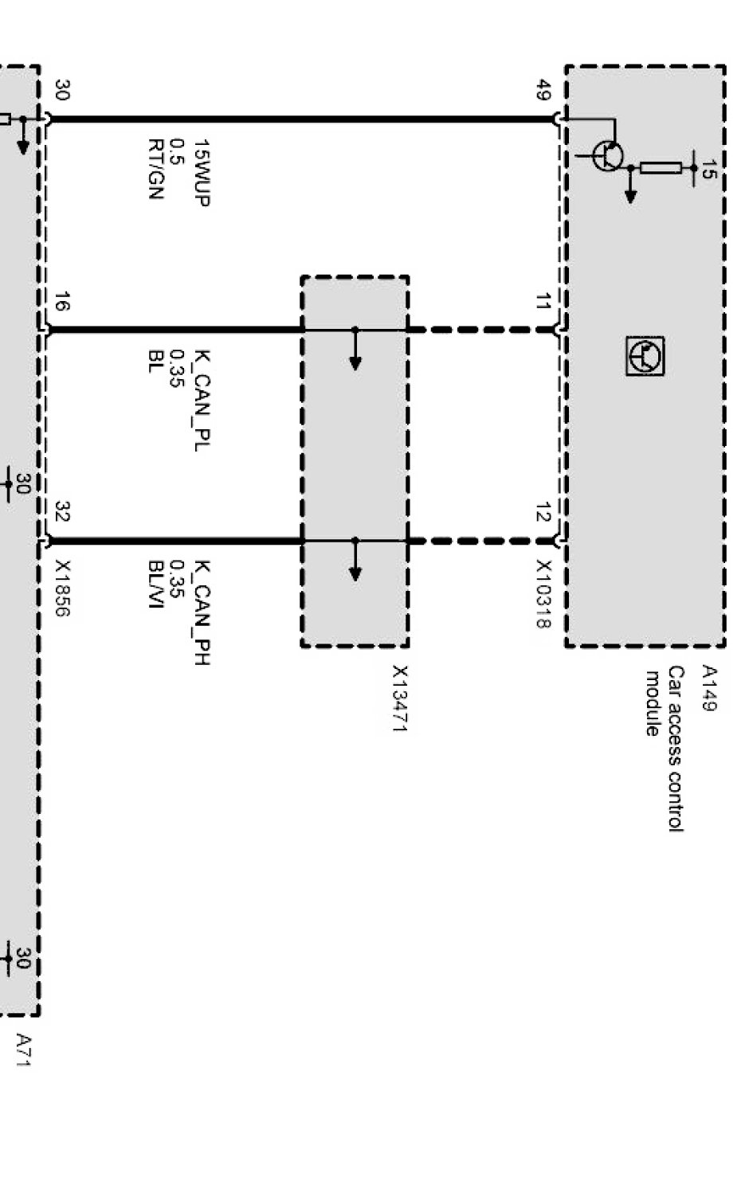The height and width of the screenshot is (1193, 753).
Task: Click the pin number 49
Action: (x=543, y=91)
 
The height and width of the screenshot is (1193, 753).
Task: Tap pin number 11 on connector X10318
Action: (x=543, y=303)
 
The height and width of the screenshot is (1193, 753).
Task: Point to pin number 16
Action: (x=62, y=303)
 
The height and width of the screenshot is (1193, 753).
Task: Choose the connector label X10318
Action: (x=543, y=594)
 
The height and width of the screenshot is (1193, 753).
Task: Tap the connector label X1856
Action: (x=62, y=589)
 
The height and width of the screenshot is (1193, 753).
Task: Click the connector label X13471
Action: (x=399, y=698)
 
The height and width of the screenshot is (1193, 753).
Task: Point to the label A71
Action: (x=24, y=1050)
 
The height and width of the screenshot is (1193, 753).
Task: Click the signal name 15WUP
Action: (x=202, y=174)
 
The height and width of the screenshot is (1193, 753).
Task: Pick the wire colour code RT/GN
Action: (x=155, y=169)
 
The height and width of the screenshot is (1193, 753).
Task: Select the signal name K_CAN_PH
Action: (x=202, y=613)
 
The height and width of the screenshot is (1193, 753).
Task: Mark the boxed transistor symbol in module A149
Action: (x=645, y=355)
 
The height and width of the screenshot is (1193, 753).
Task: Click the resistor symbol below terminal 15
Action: (x=660, y=168)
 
